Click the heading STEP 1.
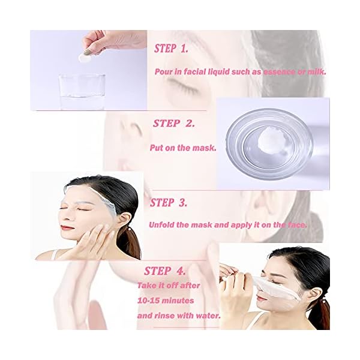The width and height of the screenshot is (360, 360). (x=175, y=49)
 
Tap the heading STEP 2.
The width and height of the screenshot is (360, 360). (x=174, y=124)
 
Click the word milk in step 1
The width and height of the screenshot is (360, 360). (x=316, y=72)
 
